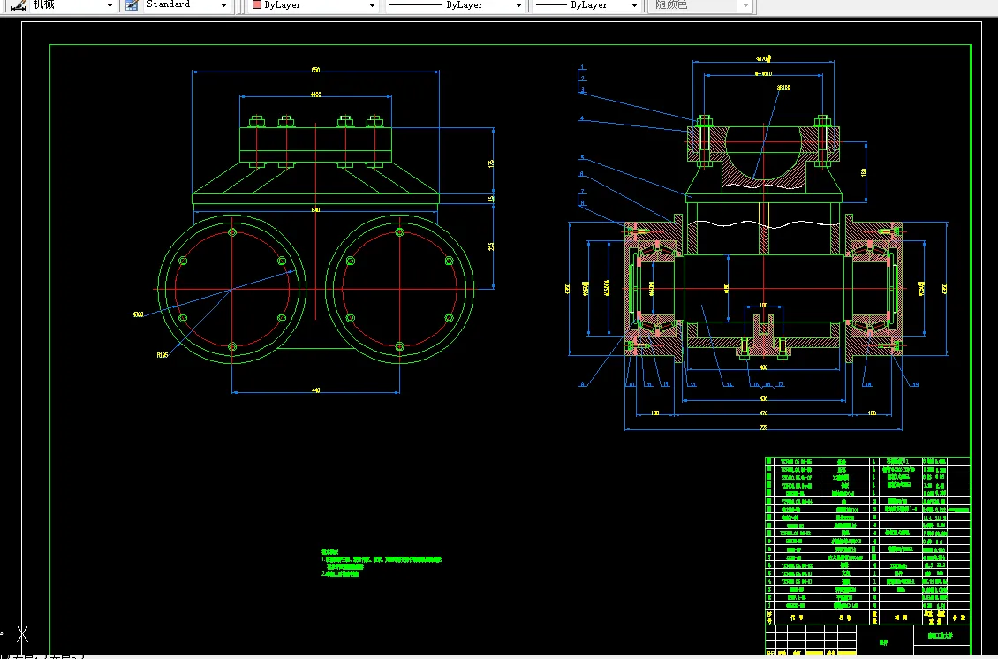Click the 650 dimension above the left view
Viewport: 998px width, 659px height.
coord(315,70)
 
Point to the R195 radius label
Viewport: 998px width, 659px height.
coord(163,355)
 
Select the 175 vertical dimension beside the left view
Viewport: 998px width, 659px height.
coord(491,163)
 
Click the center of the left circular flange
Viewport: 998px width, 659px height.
coord(231,289)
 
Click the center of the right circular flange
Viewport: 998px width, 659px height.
coord(399,289)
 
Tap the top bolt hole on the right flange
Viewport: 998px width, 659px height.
coord(399,232)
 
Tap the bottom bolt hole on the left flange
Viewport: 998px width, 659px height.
coord(231,346)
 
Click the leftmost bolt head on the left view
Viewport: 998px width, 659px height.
coord(257,121)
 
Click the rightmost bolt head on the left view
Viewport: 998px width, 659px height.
coord(374,121)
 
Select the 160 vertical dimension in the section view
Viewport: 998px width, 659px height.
coord(862,172)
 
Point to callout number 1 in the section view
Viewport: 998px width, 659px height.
coord(583,67)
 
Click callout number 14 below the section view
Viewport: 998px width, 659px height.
coord(730,384)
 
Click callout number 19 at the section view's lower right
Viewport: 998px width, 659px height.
coord(915,384)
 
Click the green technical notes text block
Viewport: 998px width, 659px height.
coord(380,565)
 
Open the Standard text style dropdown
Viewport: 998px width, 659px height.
coord(180,5)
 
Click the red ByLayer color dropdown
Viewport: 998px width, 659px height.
coord(314,5)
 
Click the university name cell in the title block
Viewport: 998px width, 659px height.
coord(941,634)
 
